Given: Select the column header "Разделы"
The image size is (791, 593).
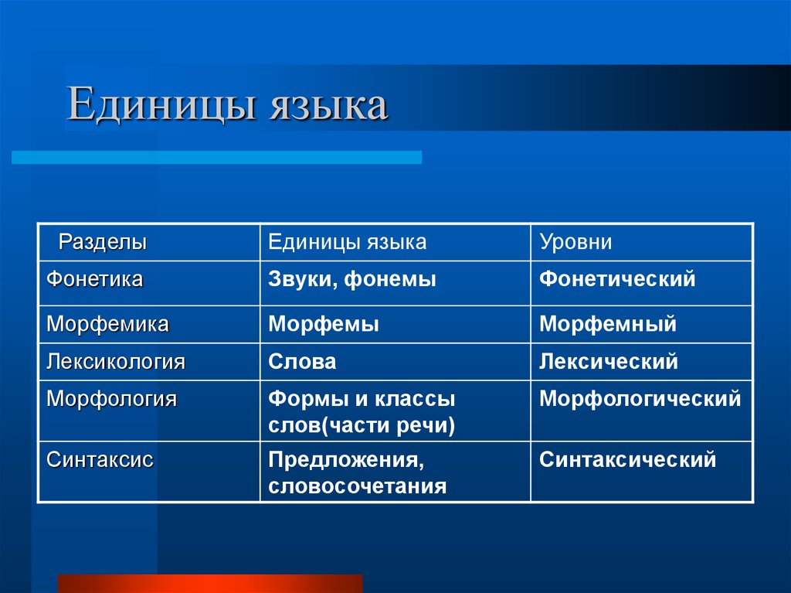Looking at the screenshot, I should click(104, 242).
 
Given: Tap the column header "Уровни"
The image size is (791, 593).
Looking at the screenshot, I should click(575, 242).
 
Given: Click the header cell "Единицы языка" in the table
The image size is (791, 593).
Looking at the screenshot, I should click(347, 242).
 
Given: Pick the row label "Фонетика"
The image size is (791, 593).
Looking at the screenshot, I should click(94, 279).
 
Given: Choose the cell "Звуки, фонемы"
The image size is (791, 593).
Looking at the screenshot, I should click(352, 279).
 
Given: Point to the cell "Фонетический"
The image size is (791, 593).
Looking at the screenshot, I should click(617, 279).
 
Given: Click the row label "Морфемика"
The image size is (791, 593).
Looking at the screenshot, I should click(107, 324).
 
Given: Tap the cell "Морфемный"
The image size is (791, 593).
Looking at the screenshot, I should click(607, 324).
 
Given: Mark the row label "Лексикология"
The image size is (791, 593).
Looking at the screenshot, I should click(116, 361).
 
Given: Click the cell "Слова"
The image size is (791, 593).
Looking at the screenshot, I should click(302, 361).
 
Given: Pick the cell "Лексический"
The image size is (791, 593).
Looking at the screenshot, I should click(608, 361).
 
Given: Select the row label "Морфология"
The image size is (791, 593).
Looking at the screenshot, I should click(111, 399).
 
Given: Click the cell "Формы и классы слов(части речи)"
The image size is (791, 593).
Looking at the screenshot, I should click(362, 412).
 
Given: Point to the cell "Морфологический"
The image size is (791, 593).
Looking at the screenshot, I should click(640, 399).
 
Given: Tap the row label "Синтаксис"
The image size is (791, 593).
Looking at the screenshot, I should click(100, 460).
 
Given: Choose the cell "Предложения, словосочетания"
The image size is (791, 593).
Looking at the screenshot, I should click(357, 473).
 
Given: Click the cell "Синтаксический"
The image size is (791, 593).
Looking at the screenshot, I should click(627, 460).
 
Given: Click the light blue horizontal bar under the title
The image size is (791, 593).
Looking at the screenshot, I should click(216, 157).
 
